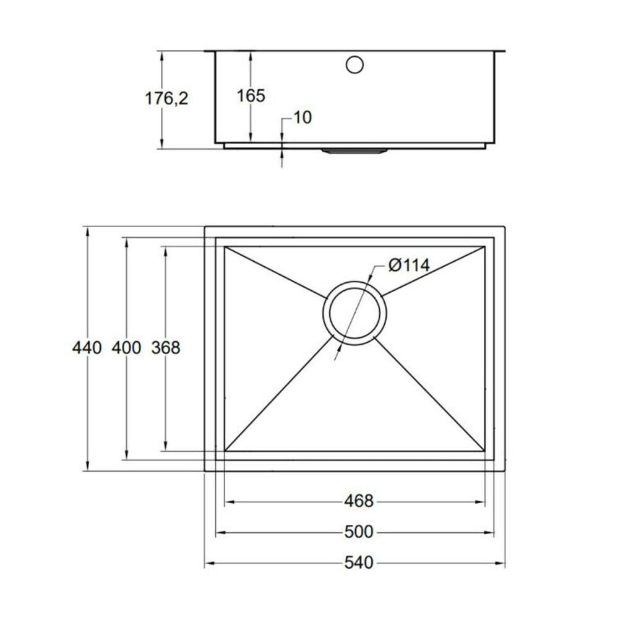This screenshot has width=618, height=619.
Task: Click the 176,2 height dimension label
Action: click(166, 98)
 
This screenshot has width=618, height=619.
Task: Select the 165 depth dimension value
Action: click(251, 95)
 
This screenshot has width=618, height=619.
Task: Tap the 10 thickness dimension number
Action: click(303, 117)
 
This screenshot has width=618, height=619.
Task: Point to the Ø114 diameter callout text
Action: click(409, 265)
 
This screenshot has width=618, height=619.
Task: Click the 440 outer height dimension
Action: click(87, 348)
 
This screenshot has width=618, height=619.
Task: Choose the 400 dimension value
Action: click(126, 348)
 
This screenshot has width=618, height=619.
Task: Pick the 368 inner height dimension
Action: click(166, 348)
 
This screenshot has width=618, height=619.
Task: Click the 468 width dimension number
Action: click(358, 501)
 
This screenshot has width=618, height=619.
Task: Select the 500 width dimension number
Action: click(358, 532)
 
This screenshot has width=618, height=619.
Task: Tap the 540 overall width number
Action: click(358, 563)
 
